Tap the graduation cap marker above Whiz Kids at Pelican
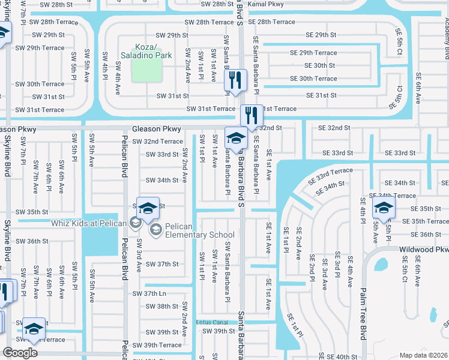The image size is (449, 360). coord(148,208)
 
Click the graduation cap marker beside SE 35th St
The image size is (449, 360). coord(382,208)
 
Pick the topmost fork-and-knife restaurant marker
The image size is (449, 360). coord(235,80)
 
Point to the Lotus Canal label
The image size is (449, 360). coord(216,322)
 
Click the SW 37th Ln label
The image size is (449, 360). coord(149,293)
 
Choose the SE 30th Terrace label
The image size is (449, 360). coord(313,79)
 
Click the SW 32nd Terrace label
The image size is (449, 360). coord(157,142)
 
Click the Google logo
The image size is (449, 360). coord(20,353)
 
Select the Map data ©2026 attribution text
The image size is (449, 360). coord(423,355)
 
